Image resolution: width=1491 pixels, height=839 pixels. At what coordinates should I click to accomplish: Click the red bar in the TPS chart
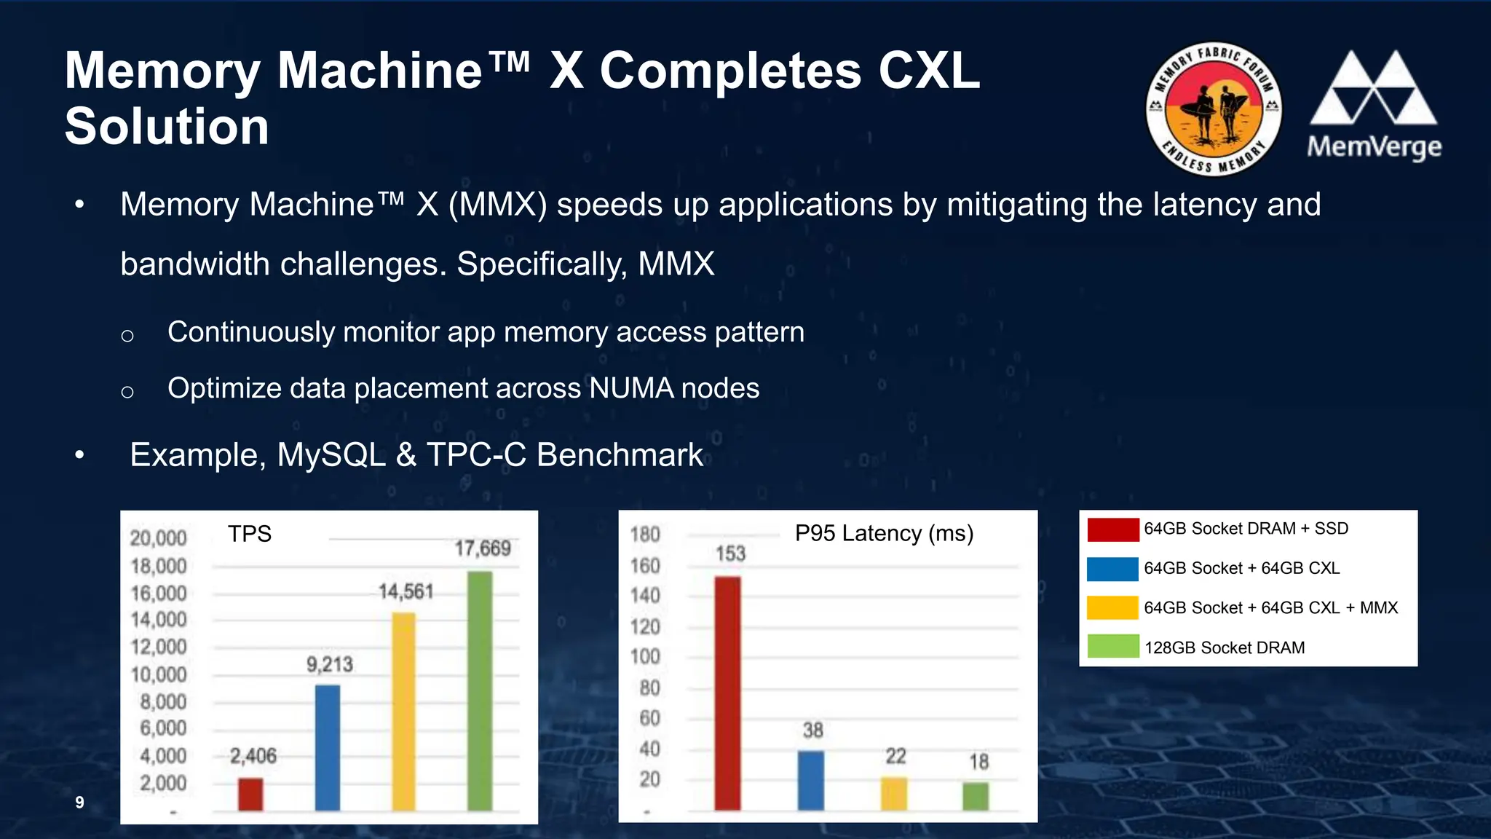pos(250,794)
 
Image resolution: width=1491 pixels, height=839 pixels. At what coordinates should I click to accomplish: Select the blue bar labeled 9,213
pos(328,747)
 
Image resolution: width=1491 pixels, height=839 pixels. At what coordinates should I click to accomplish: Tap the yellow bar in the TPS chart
pos(403,711)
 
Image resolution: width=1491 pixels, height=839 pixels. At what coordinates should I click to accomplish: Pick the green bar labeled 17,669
pos(480,690)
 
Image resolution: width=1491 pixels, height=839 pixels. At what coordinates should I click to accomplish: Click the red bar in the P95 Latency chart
pos(727,693)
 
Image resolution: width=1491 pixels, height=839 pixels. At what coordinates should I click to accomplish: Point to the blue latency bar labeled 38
pos(811,780)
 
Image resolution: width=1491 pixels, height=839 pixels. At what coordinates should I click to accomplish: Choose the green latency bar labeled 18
pos(976,796)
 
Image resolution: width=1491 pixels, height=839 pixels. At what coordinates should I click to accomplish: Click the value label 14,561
pos(406,591)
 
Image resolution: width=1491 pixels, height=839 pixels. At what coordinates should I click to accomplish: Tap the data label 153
pos(730,554)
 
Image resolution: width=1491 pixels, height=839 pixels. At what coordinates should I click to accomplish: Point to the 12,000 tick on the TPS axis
pos(159,647)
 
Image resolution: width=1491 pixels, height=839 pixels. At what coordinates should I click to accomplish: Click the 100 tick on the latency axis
pos(645,656)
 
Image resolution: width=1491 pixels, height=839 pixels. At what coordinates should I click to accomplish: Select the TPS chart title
pos(249,534)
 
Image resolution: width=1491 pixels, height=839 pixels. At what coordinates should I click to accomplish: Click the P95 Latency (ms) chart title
pos(884,533)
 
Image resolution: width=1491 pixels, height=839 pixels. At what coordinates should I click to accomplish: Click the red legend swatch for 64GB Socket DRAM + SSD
pos(1112,529)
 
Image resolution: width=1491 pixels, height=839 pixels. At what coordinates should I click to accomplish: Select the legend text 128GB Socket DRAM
pos(1224,647)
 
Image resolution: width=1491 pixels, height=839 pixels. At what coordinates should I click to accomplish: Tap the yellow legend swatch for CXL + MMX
pos(1112,607)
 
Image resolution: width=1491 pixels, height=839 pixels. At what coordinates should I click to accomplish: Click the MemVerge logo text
pos(1374,147)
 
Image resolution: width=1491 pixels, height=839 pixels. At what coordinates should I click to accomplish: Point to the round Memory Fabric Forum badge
pos(1214,109)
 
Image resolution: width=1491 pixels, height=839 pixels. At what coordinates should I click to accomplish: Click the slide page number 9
pos(79,802)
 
